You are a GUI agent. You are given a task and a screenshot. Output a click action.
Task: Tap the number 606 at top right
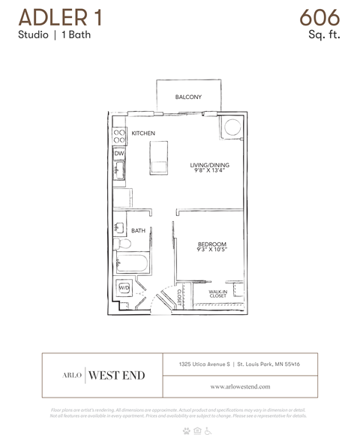(319, 16)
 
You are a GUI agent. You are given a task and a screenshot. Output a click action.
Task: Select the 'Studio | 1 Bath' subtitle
(54, 35)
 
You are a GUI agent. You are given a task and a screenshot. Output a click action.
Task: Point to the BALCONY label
(188, 97)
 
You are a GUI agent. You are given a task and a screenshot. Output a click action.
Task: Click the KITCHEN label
(143, 133)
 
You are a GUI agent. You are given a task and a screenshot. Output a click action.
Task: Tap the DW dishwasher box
(118, 153)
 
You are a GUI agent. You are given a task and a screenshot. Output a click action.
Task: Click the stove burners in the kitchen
(118, 136)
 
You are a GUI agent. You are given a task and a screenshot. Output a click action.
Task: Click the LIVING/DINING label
(209, 165)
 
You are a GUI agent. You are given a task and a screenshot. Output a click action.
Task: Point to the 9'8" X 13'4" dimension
(209, 171)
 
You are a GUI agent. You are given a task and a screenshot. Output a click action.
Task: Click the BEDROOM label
(211, 244)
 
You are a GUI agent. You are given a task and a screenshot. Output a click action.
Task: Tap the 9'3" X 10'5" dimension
(211, 250)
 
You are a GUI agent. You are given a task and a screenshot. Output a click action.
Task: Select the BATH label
(139, 231)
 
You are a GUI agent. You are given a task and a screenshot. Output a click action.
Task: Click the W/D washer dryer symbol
(124, 288)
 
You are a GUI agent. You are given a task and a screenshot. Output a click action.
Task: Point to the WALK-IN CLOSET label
(217, 294)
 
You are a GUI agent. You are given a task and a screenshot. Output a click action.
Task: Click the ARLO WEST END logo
(103, 375)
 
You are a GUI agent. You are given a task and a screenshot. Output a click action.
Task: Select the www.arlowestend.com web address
(240, 386)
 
